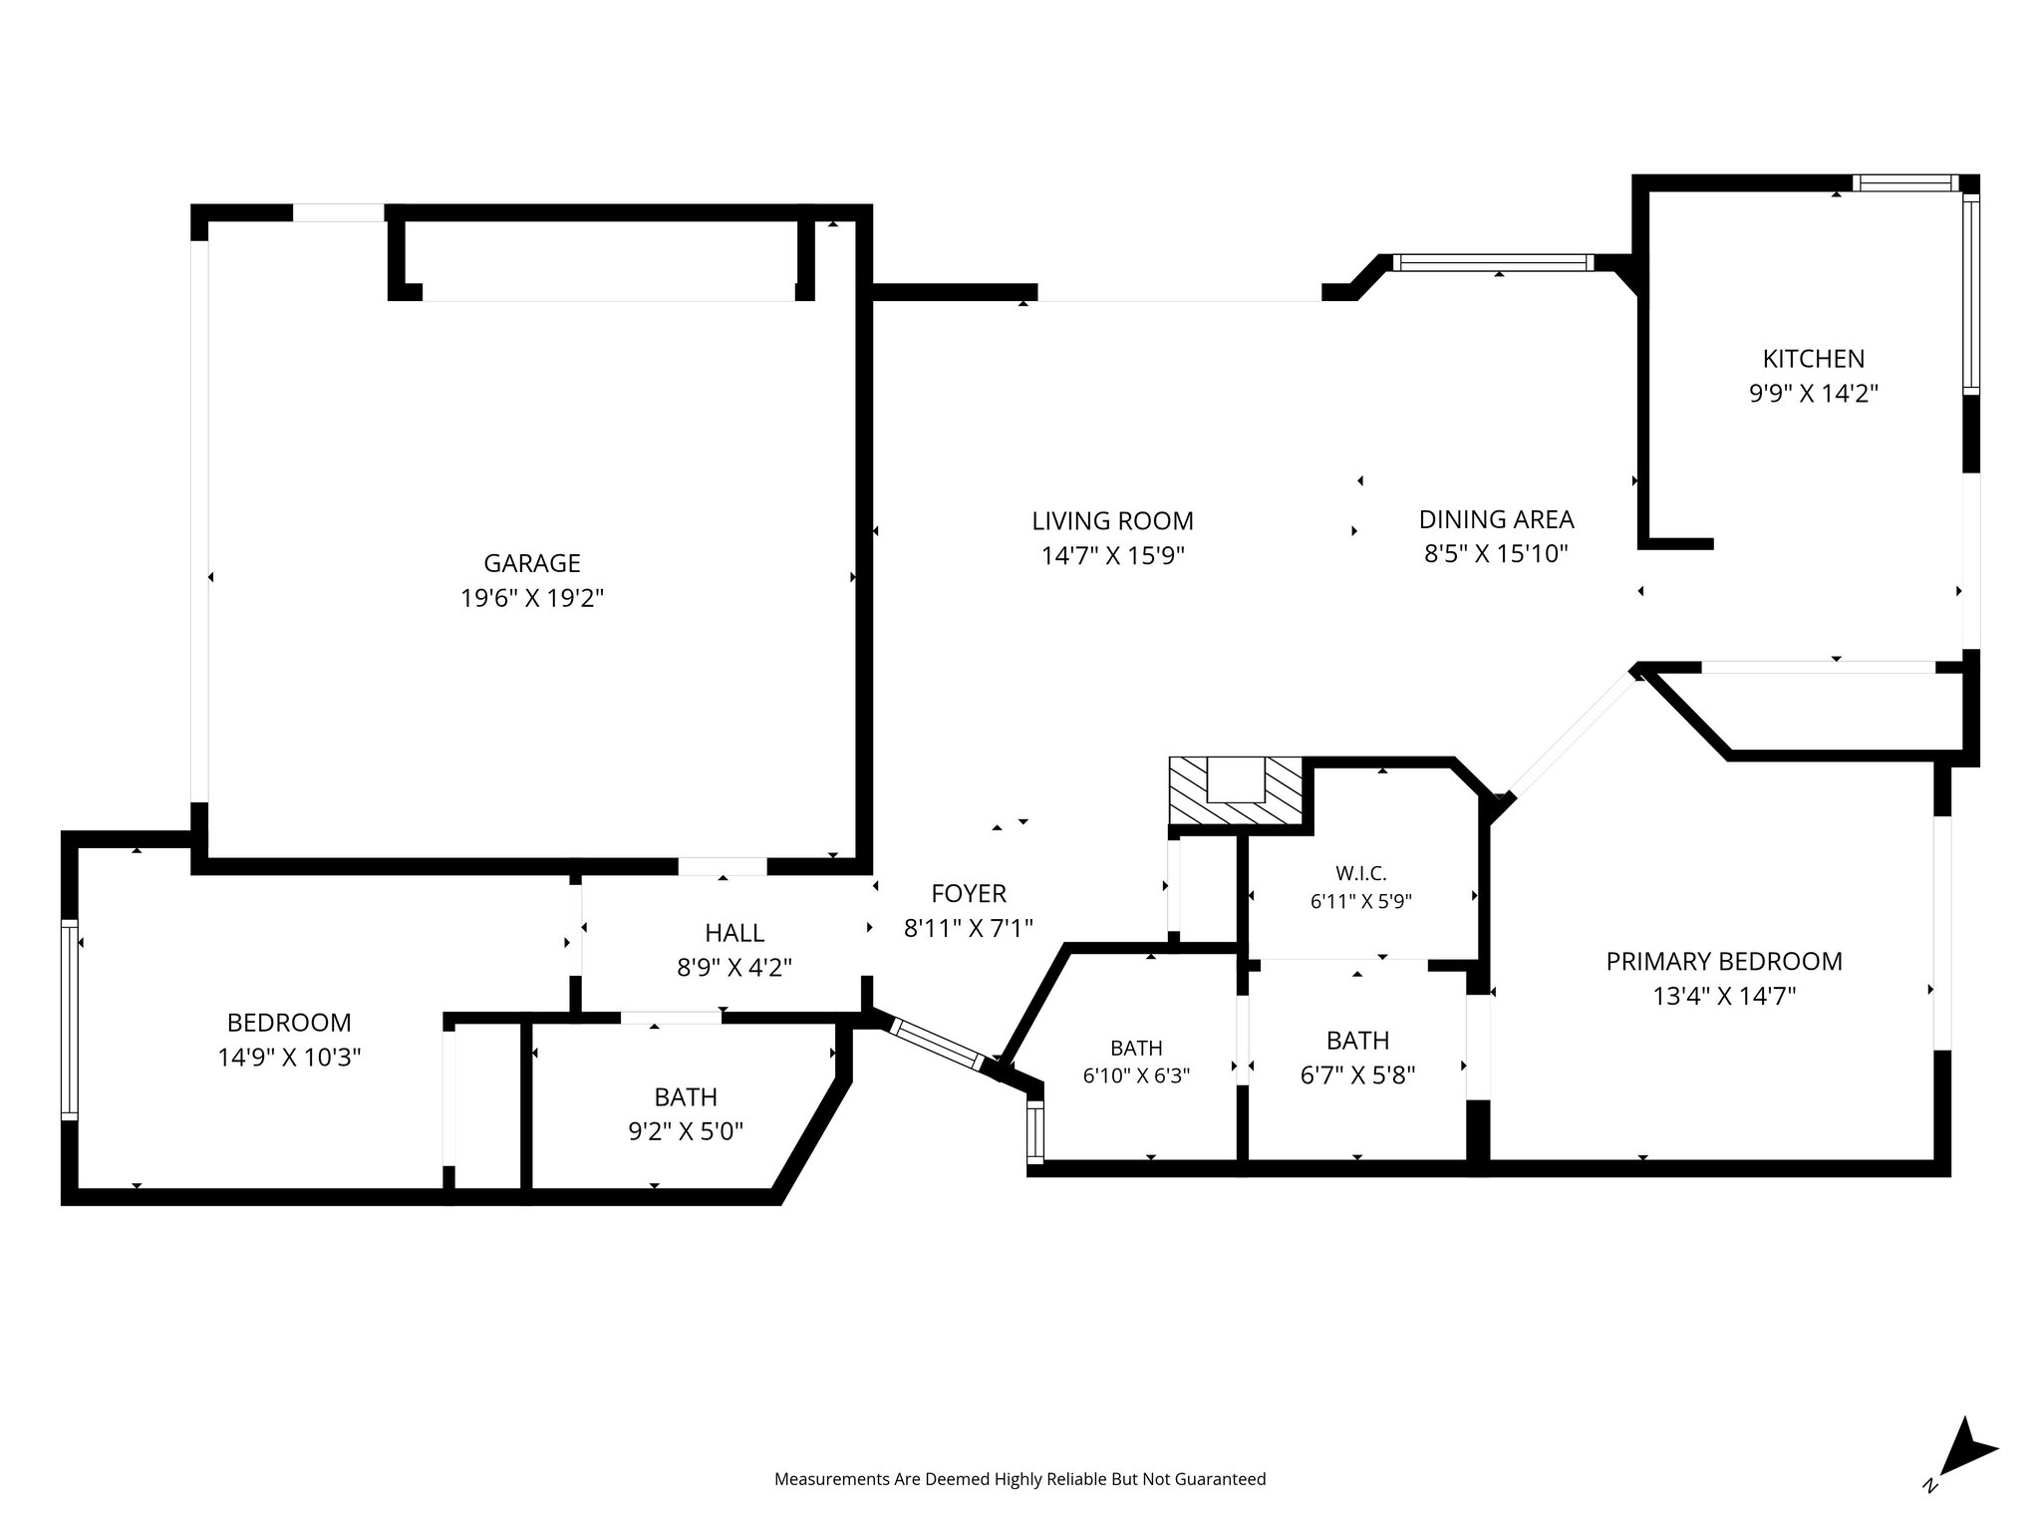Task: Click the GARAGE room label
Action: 532,563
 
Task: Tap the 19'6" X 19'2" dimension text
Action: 532,598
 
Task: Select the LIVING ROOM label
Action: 1112,520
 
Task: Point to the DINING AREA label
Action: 1496,519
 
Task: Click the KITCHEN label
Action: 1814,359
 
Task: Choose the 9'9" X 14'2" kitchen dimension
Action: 1814,394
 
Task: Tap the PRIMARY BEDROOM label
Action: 1724,961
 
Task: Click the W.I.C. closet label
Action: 1361,874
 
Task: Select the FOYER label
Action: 969,893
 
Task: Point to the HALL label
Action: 734,933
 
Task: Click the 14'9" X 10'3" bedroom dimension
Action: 289,1057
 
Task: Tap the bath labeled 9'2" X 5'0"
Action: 686,1131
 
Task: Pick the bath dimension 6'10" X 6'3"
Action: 1136,1075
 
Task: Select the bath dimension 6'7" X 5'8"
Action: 1357,1074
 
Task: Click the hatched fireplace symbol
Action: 1236,791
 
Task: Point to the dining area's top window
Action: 1493,263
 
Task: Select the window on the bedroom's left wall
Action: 69,1019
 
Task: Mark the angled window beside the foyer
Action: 938,1043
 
